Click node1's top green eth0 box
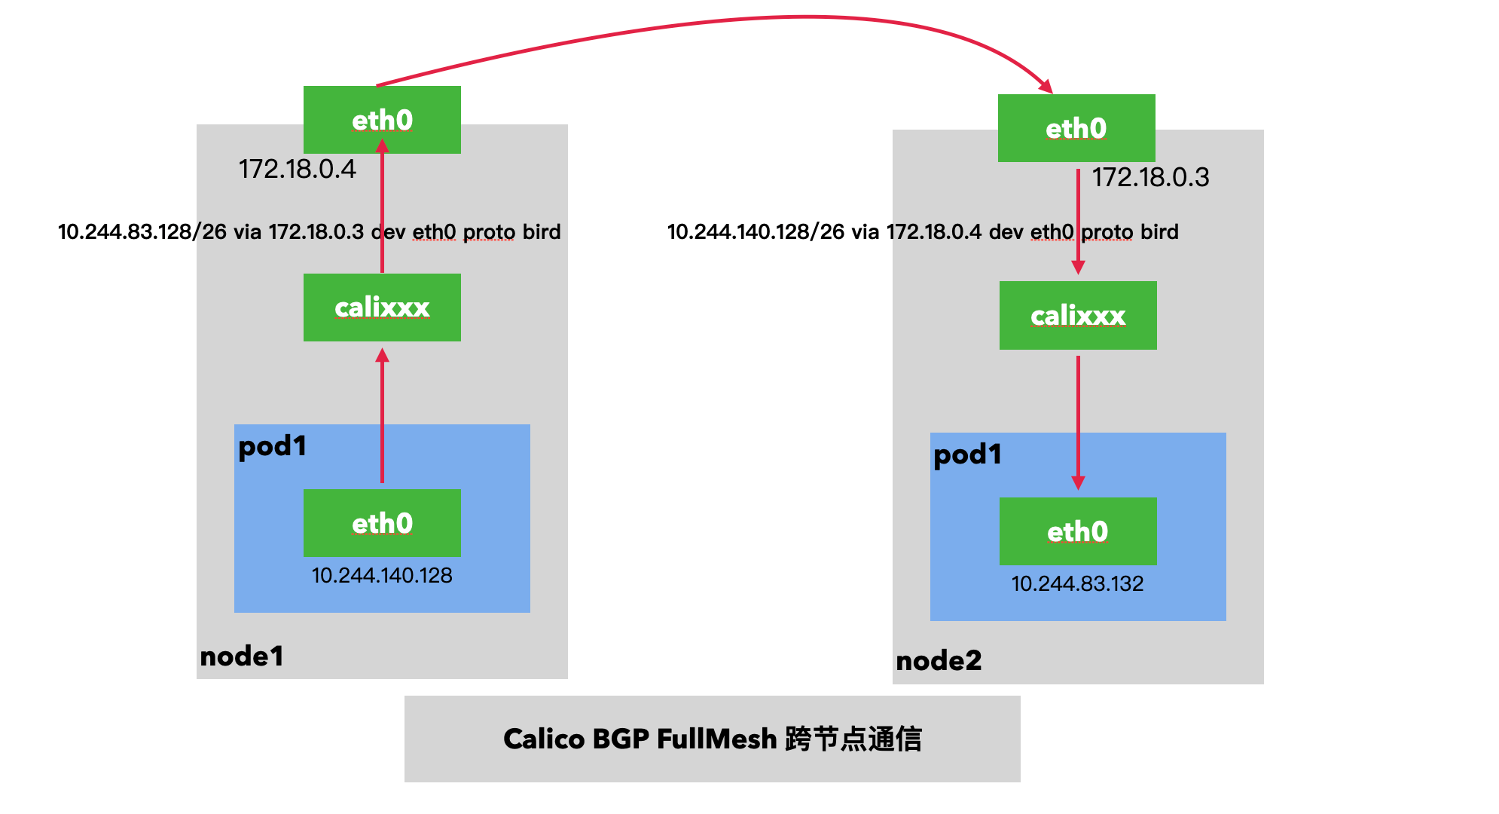382,120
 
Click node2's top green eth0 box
1076,128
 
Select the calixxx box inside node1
382,308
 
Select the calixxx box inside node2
1077,316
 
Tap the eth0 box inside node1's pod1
382,523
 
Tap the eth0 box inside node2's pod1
1077,531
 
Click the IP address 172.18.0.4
297,170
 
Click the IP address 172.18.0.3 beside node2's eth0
1150,178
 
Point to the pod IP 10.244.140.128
382,576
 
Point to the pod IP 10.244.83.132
1077,584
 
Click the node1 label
241,656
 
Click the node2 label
939,661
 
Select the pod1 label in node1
272,446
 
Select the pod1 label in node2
967,454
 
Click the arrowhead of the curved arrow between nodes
1046,86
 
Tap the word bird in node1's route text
542,232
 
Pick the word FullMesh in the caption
716,739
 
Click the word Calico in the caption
543,739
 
